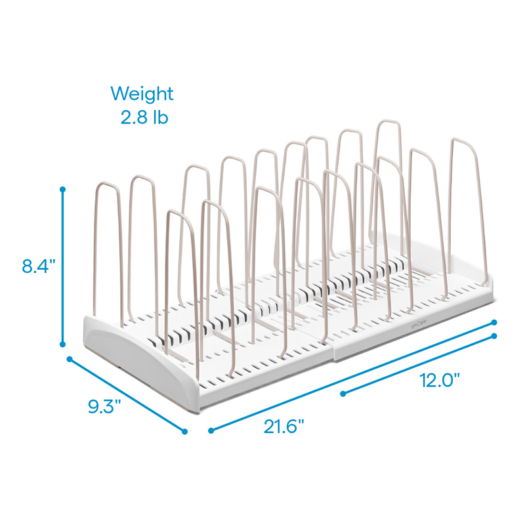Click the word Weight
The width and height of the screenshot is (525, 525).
click(x=142, y=93)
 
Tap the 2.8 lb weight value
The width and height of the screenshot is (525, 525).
click(x=144, y=117)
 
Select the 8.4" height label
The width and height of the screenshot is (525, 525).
click(x=39, y=266)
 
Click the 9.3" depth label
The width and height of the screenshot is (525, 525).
click(x=104, y=407)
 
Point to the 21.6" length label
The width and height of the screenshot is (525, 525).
click(x=283, y=427)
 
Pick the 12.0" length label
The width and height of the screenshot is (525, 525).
click(x=440, y=381)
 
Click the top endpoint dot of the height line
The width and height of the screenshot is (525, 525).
click(x=62, y=190)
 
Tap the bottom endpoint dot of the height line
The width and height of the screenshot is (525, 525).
click(x=62, y=344)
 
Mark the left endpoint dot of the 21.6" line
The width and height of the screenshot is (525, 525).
click(x=211, y=430)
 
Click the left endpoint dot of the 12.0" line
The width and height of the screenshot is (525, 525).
click(x=343, y=394)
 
